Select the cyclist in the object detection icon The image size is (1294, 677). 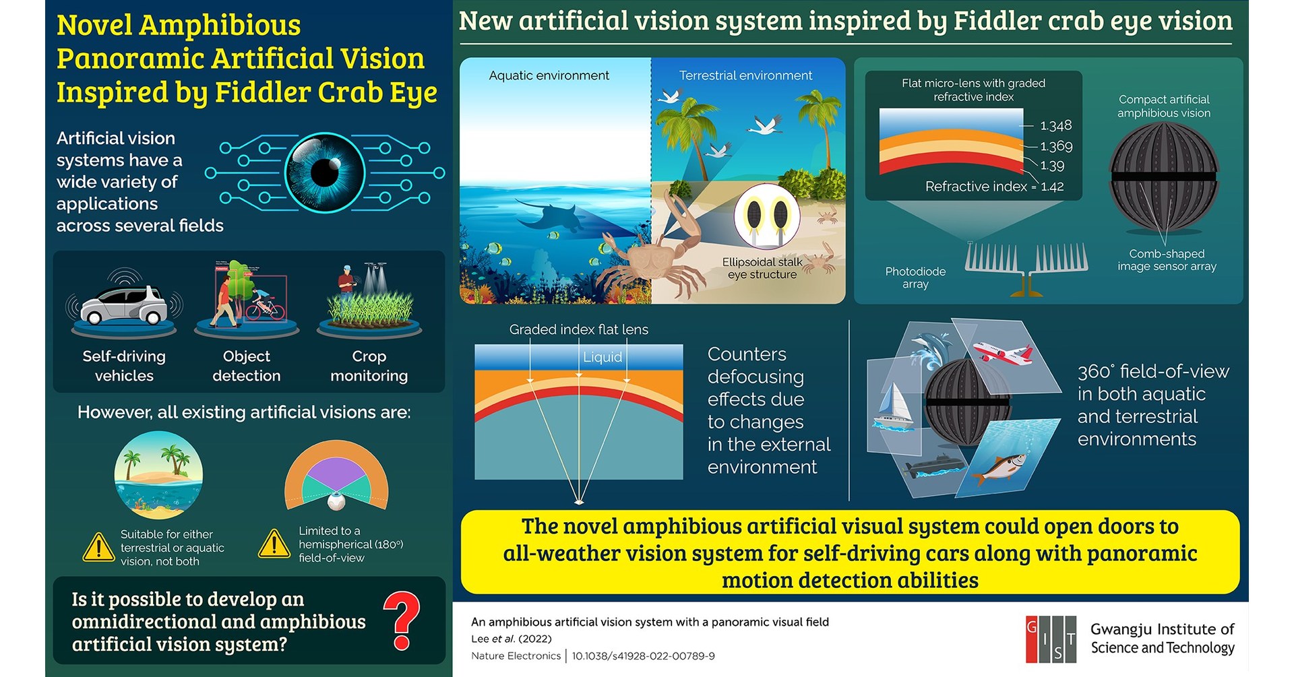pos(262,303)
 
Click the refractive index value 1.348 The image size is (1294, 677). pos(1055,125)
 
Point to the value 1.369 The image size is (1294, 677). pos(1056,146)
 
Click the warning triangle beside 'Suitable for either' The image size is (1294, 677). pos(98,547)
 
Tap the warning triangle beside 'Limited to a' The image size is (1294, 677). pos(274,544)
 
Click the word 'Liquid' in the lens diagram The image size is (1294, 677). pos(603,357)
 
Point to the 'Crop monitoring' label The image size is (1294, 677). pos(369,366)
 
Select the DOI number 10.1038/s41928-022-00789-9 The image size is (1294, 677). pos(644,655)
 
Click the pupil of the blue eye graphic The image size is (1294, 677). pos(324,172)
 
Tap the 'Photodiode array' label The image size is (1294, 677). pos(915,278)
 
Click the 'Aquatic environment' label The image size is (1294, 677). pos(549,75)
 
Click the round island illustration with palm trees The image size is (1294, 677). pos(158,474)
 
